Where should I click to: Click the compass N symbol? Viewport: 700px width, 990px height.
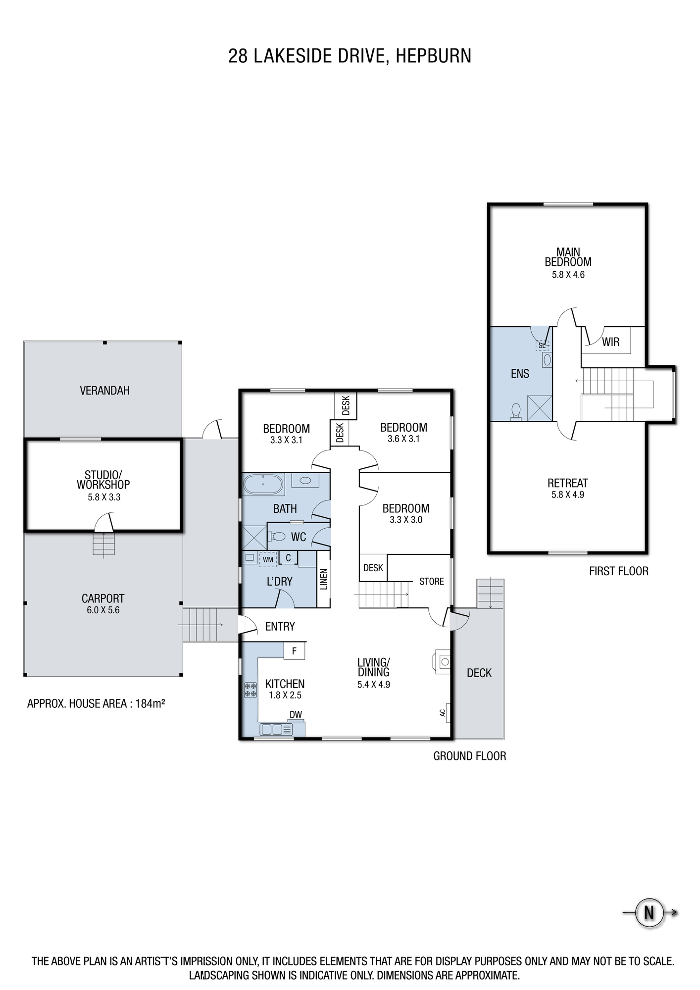[649, 912]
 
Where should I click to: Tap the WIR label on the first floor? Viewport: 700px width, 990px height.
[610, 342]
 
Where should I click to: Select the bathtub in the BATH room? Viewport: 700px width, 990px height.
[263, 484]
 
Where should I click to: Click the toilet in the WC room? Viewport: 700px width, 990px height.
[277, 536]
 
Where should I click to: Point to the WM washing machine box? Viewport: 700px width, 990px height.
[268, 559]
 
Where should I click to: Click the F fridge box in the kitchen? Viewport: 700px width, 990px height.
[294, 651]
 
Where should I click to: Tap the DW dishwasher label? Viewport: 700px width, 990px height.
[296, 715]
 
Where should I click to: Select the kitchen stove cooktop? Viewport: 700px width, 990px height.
[250, 690]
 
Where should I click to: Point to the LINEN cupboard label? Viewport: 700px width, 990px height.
[324, 579]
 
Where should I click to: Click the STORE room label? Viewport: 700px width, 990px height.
[432, 581]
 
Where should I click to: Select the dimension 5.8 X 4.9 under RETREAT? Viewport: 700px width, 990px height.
[568, 495]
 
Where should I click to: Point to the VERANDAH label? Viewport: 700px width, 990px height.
[104, 391]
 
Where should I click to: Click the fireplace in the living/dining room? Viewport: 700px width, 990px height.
[443, 661]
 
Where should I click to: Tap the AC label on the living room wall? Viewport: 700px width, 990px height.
[443, 713]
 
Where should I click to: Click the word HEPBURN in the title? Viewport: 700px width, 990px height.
[433, 56]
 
